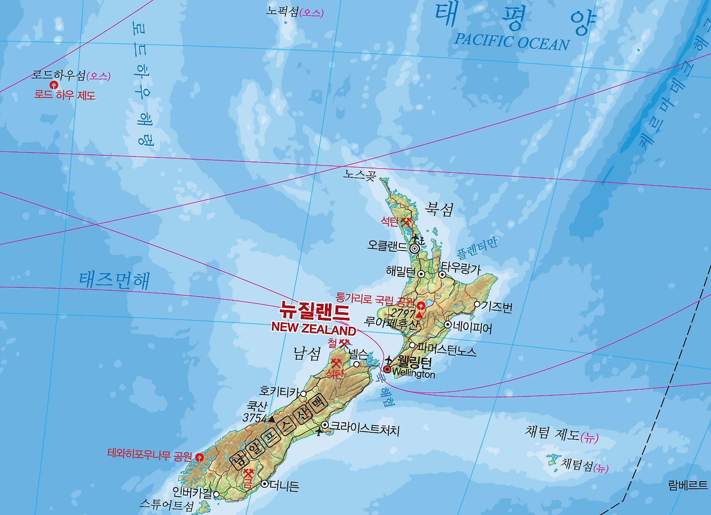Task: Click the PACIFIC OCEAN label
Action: pyautogui.click(x=512, y=42)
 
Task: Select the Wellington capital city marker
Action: pyautogui.click(x=387, y=369)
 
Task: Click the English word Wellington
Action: pyautogui.click(x=413, y=374)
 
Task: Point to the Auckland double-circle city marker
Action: pyautogui.click(x=414, y=249)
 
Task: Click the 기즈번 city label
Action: pyautogui.click(x=497, y=306)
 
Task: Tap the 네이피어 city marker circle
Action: pyautogui.click(x=448, y=324)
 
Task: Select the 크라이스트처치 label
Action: pyautogui.click(x=364, y=428)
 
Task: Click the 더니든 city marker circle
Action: pyautogui.click(x=264, y=484)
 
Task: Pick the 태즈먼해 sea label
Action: pyautogui.click(x=114, y=281)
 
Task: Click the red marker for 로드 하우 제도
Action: pyautogui.click(x=54, y=85)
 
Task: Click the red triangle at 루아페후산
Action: pyautogui.click(x=419, y=315)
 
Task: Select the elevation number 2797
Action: pyautogui.click(x=402, y=312)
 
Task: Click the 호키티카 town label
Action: pyautogui.click(x=279, y=391)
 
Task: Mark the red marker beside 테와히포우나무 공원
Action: pyautogui.click(x=199, y=457)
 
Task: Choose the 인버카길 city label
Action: pyautogui.click(x=192, y=492)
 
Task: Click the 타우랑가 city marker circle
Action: pyautogui.click(x=442, y=274)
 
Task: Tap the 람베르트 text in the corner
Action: pyautogui.click(x=688, y=485)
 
